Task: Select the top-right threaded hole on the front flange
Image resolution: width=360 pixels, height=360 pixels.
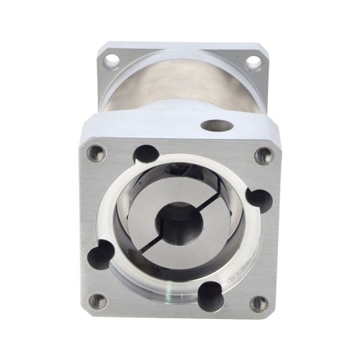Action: (x=264, y=154)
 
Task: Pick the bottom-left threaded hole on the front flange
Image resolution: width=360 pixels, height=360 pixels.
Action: (x=97, y=302)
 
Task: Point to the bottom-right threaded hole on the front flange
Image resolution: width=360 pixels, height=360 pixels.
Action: (x=258, y=303)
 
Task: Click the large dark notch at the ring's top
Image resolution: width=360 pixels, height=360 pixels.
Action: (x=146, y=153)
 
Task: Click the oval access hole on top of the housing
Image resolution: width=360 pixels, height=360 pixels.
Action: (x=217, y=126)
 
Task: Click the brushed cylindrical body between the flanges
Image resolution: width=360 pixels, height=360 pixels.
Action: (x=180, y=90)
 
